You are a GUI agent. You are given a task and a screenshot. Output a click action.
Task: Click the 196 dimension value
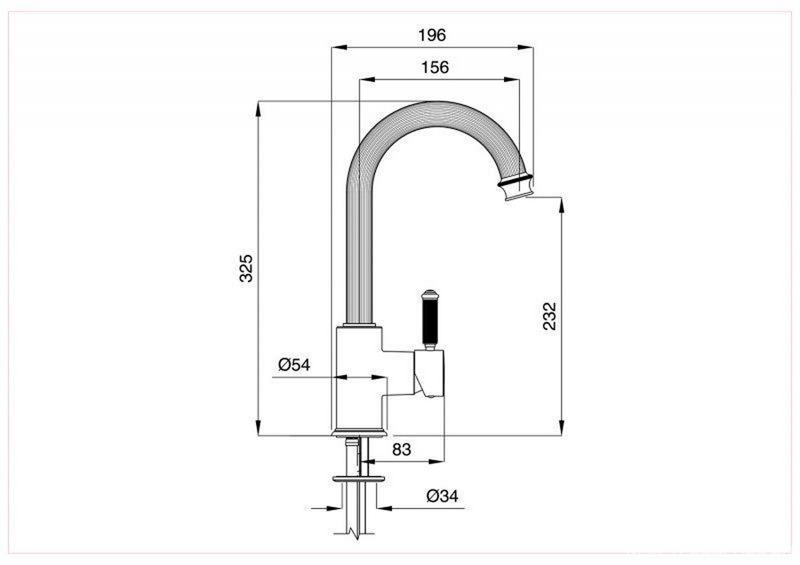click(x=432, y=35)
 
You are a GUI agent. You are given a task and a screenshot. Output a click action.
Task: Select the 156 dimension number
click(x=435, y=67)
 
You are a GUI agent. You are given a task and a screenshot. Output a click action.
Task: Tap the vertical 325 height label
click(x=246, y=268)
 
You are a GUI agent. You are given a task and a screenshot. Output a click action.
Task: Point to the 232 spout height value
click(x=550, y=316)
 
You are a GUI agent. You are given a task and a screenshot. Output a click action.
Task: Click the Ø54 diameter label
click(x=294, y=364)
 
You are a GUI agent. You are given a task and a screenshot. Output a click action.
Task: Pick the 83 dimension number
click(x=401, y=449)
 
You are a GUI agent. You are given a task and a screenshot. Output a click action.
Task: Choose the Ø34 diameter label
click(x=442, y=495)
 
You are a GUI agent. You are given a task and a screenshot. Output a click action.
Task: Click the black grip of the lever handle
click(x=429, y=321)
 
